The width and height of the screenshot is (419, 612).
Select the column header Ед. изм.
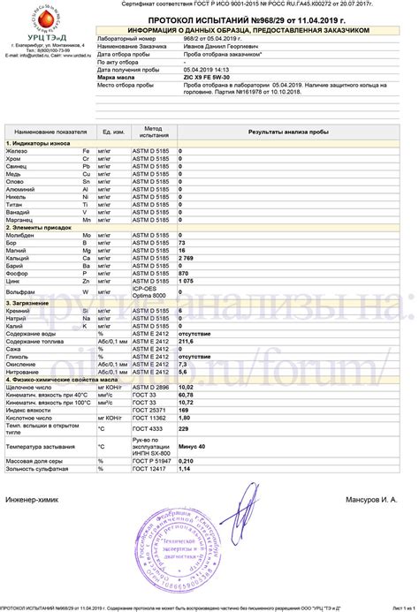111,132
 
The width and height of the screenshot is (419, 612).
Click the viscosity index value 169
183,410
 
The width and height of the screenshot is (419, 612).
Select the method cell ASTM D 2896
151,386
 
